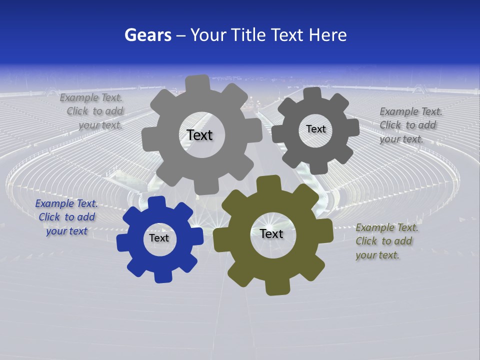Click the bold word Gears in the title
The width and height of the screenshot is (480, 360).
coord(147,35)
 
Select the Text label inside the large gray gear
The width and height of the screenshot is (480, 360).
coord(199,135)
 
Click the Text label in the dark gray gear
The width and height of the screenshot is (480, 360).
coord(315,129)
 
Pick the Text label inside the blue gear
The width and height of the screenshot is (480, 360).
coord(159,238)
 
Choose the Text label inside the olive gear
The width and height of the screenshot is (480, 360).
coord(271,234)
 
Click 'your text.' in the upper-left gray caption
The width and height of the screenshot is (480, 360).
coord(100,125)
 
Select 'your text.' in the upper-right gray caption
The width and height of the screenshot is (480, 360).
coord(401,139)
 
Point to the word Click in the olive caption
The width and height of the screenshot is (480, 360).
coord(366,241)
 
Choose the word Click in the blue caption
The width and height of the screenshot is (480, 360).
coord(49,217)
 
